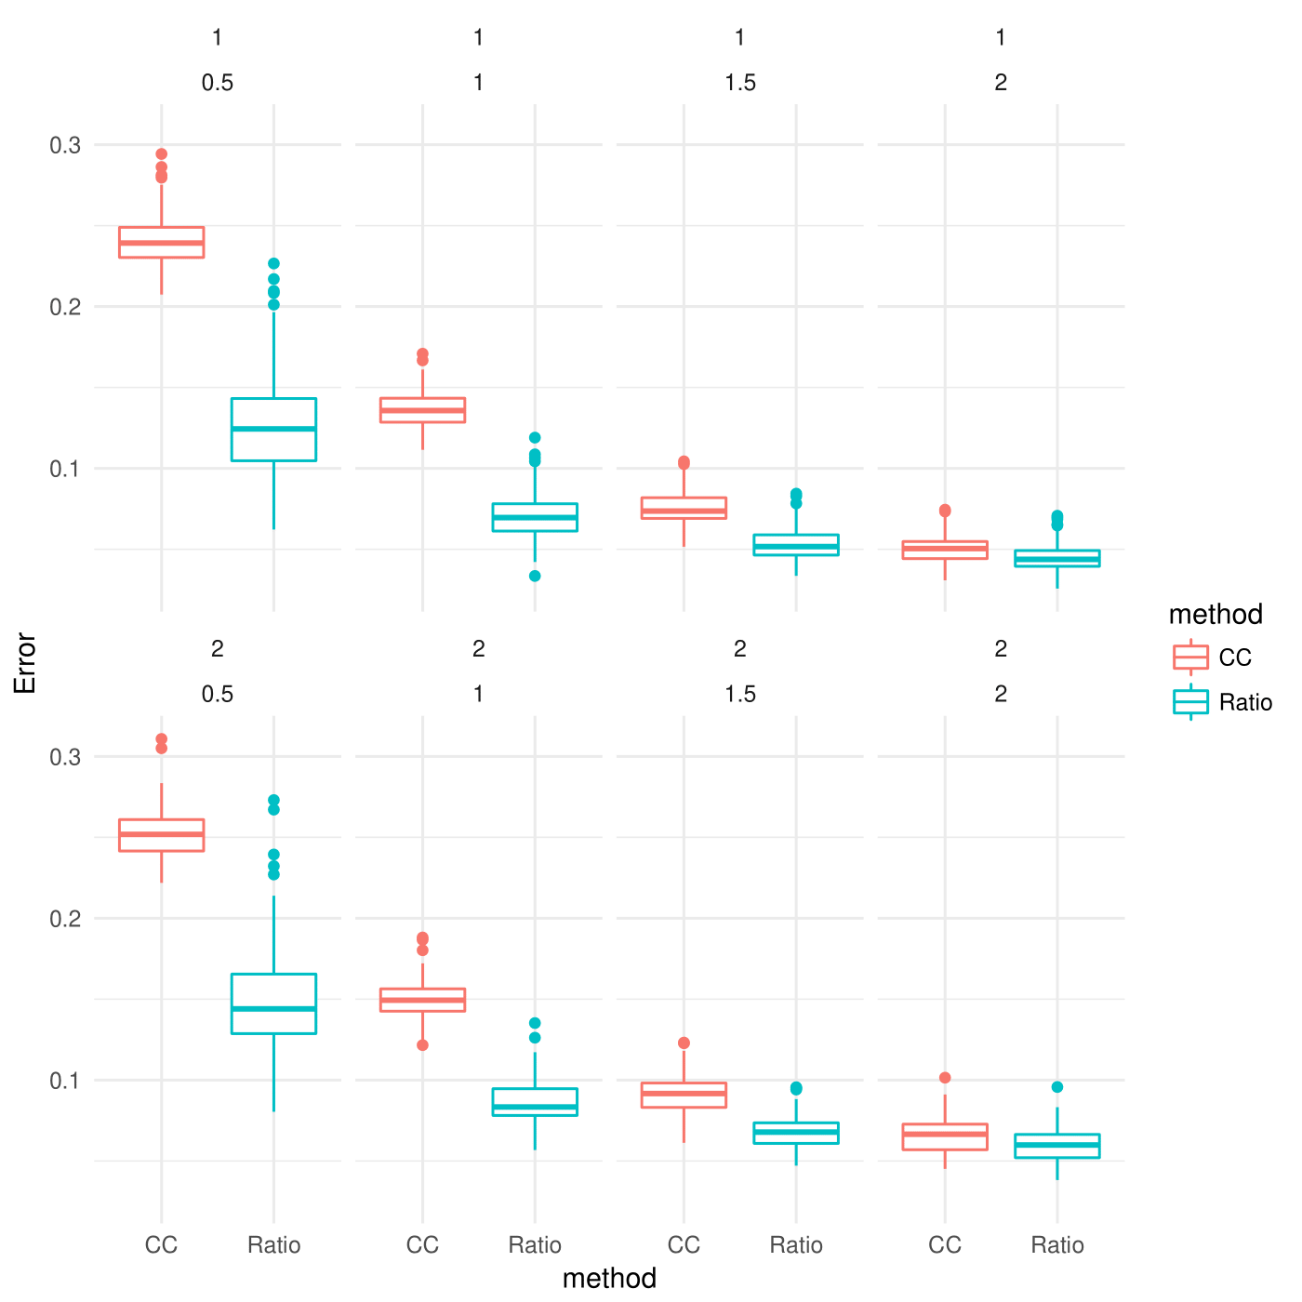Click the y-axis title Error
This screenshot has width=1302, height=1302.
(25, 663)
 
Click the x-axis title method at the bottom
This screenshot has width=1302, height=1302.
(609, 1279)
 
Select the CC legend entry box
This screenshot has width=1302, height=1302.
(1190, 658)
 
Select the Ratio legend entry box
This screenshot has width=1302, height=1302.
(1190, 702)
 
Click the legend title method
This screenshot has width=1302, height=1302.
(1216, 615)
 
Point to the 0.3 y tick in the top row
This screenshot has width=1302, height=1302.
(65, 145)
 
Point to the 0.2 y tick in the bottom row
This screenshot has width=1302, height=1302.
(65, 919)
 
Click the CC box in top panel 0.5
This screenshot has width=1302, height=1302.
(162, 242)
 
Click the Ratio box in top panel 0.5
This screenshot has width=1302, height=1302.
(273, 430)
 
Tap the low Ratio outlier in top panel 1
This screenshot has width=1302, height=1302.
(535, 576)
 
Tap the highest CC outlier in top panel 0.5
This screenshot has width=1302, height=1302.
(162, 154)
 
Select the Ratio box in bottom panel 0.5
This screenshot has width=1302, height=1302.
(273, 1003)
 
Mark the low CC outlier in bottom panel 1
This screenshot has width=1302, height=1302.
(422, 1045)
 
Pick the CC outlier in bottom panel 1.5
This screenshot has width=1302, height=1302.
(684, 1043)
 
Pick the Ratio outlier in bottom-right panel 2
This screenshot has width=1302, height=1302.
(1056, 1087)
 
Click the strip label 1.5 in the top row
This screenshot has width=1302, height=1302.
(740, 83)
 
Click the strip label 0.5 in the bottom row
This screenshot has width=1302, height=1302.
(218, 695)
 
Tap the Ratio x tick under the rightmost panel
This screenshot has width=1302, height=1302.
(1056, 1245)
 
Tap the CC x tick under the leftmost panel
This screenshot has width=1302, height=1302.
(162, 1245)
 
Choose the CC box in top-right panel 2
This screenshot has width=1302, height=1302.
(945, 550)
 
